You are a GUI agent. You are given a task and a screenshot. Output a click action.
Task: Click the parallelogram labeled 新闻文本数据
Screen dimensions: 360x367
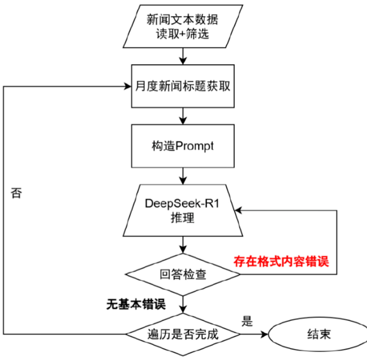(x=183, y=27)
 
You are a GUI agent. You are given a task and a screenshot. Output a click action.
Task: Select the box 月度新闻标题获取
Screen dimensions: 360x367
(x=183, y=86)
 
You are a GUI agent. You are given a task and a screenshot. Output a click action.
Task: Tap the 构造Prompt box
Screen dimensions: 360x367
(x=183, y=146)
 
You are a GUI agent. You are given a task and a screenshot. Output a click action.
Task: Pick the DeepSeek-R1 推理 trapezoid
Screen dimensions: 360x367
(x=183, y=211)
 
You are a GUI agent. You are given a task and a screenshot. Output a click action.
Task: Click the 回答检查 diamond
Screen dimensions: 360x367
(x=183, y=275)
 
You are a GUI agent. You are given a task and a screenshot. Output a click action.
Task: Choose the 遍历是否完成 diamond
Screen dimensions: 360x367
(x=183, y=334)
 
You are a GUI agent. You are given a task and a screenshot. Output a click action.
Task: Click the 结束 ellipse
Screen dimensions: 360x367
(x=319, y=334)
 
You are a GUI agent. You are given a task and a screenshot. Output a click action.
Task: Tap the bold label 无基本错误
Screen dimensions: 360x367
(x=136, y=304)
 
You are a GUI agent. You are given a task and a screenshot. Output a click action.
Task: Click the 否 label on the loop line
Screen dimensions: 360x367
(x=16, y=193)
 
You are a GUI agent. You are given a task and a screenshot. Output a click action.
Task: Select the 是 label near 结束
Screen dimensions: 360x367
(x=247, y=322)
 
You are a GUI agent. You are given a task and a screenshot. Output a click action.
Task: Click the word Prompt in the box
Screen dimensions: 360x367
(x=195, y=146)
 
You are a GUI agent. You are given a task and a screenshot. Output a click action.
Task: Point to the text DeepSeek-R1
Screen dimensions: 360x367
(x=182, y=203)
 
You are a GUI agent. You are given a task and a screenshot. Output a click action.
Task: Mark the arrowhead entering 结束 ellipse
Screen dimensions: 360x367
(x=265, y=334)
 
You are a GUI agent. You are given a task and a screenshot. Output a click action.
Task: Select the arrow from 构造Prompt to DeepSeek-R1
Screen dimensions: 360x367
(x=183, y=176)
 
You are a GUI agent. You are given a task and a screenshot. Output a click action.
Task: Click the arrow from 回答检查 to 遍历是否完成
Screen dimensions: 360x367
(x=183, y=304)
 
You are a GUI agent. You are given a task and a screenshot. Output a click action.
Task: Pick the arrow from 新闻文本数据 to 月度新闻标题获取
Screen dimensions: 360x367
(x=183, y=56)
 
